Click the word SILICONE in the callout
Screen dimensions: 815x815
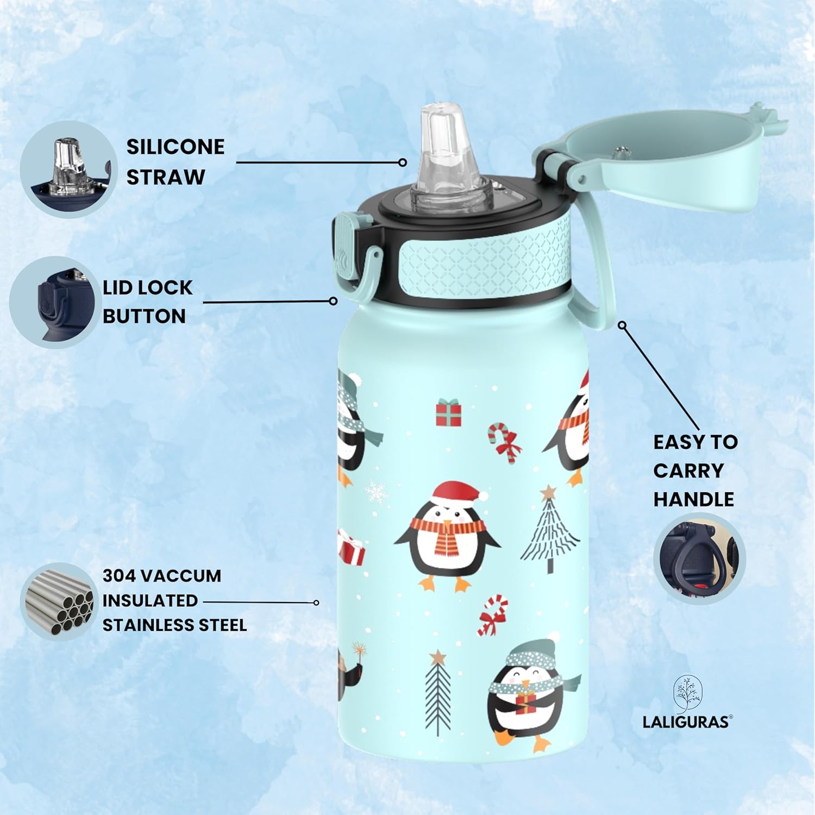175,147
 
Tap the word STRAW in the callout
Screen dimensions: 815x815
166,177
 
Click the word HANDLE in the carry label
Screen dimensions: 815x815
693,499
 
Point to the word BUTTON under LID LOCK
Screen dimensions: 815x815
144,316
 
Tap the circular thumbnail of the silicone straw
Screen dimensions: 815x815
68,170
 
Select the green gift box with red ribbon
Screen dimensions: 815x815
449,413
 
